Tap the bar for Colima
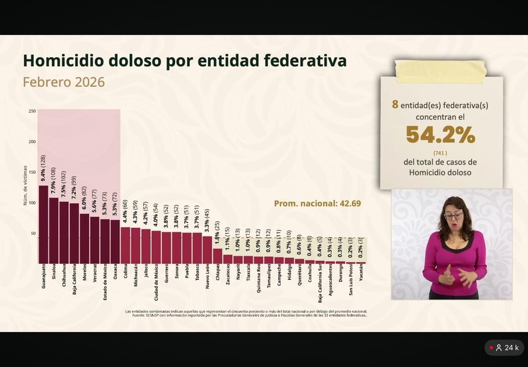(x=125, y=245)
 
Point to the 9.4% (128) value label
(x=43, y=169)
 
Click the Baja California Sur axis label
(x=320, y=287)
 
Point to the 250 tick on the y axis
(x=32, y=111)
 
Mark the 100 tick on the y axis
(x=32, y=203)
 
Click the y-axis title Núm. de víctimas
(x=26, y=185)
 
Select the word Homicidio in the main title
(x=65, y=61)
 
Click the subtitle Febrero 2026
(x=63, y=82)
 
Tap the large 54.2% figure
(x=441, y=135)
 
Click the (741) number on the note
(x=441, y=153)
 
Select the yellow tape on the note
(x=440, y=70)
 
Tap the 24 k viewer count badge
(x=504, y=348)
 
